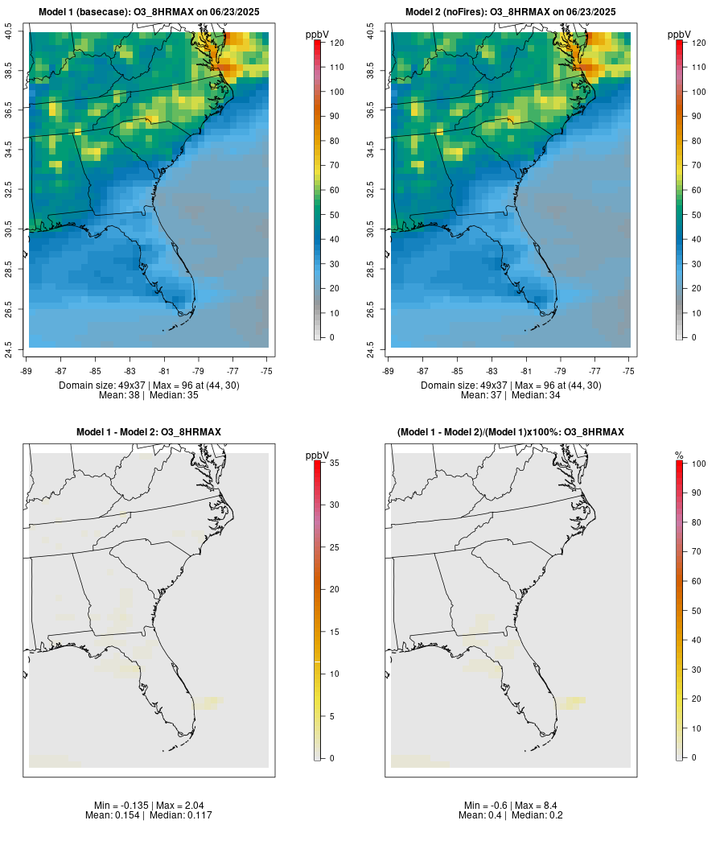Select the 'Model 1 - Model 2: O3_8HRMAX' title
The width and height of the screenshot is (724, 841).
point(149,432)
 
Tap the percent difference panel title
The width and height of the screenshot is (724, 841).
point(511,432)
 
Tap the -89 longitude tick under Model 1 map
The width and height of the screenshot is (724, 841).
point(29,370)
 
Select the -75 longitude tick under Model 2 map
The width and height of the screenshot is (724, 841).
point(629,370)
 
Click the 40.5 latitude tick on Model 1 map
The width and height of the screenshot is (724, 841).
point(9,32)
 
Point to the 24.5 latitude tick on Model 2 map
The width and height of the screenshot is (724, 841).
point(371,348)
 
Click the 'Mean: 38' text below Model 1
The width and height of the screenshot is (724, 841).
point(119,395)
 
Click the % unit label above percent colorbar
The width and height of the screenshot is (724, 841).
point(679,456)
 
